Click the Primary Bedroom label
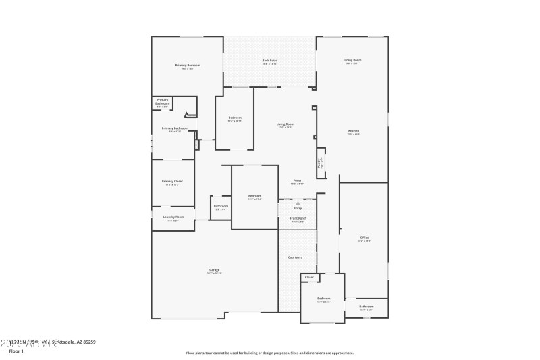coord(188,65)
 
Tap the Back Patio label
coord(269,61)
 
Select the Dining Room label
coord(352,60)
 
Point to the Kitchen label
coord(354,131)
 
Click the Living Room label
coord(285,124)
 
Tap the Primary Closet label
coord(172,181)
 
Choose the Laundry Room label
coord(173,217)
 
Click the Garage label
coord(213,270)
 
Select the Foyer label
coord(297,180)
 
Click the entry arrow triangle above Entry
coord(298,203)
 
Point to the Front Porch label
coord(298,218)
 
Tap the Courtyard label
coord(295,257)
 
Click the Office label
coord(364,237)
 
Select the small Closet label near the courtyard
coord(309,277)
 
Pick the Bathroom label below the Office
coord(366,306)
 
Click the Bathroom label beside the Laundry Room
coord(221,206)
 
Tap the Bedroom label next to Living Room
coord(234,118)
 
